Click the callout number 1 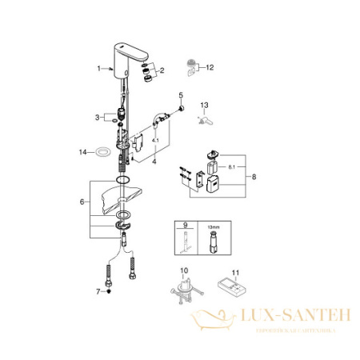(99, 69)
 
